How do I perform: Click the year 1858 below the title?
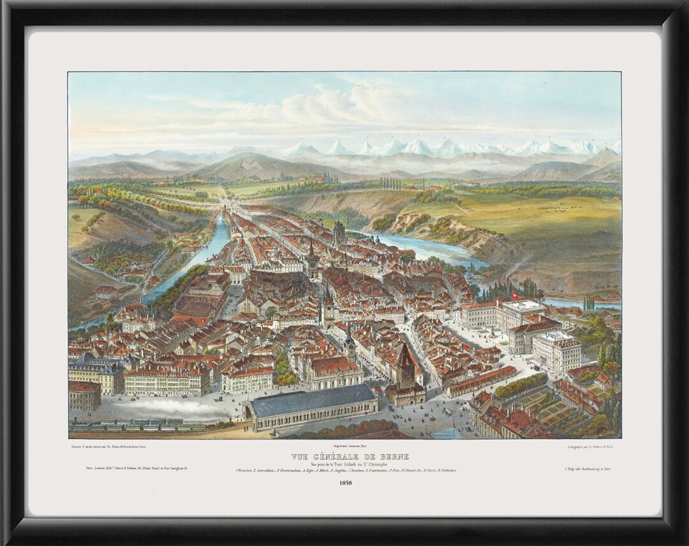pyautogui.click(x=344, y=483)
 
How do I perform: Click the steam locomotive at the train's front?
pyautogui.click(x=225, y=423)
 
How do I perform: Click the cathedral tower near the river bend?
pyautogui.click(x=339, y=233)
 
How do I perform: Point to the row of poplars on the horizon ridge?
pyautogui.click(x=392, y=183)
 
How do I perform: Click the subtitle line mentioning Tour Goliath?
pyautogui.click(x=344, y=464)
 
